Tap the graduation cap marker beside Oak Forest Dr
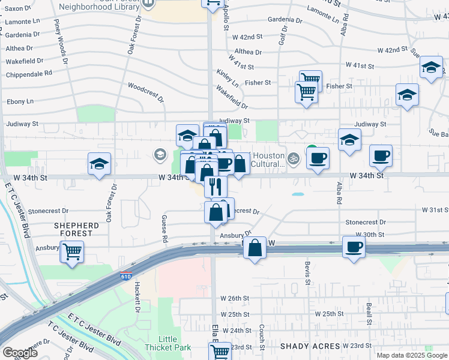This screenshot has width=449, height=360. pos(100,164)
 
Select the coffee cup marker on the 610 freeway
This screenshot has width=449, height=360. pos(354,246)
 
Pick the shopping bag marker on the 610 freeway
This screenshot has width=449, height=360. pos(255,247)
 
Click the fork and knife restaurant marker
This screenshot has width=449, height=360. pos(216,186)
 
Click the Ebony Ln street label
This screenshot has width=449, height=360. pos(20,102)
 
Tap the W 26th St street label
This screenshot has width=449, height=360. pos(234,298)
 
